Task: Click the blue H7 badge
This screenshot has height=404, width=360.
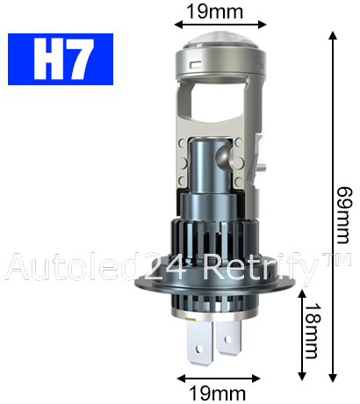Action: coord(61,59)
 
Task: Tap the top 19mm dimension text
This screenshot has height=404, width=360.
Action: coord(215,11)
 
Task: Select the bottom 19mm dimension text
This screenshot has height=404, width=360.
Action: coord(218,393)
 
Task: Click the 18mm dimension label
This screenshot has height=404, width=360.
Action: coord(312,331)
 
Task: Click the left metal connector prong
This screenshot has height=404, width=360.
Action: coord(200,342)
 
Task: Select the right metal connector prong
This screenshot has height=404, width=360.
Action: coord(229,336)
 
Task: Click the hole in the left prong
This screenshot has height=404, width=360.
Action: coord(199,349)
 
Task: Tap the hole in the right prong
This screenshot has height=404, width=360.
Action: coord(227,339)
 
